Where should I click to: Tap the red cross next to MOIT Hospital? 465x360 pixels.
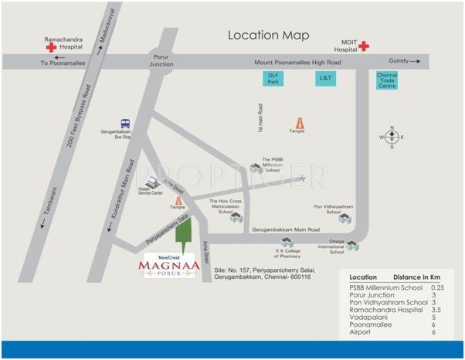point(363,46)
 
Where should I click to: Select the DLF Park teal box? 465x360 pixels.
point(272,78)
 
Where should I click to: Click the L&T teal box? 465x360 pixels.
point(324,78)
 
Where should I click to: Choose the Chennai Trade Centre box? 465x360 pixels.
point(386,80)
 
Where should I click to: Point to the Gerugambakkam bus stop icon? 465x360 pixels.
point(124,124)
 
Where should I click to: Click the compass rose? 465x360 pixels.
point(391,137)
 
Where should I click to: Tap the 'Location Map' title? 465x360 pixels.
point(268,36)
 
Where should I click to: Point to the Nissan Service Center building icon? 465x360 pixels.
point(152,182)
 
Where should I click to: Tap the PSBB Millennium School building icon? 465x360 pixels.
point(256,168)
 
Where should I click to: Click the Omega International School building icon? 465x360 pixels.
point(352,245)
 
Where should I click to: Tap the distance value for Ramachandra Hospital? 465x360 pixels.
point(436,307)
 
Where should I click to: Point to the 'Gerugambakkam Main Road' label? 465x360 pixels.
point(286,230)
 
